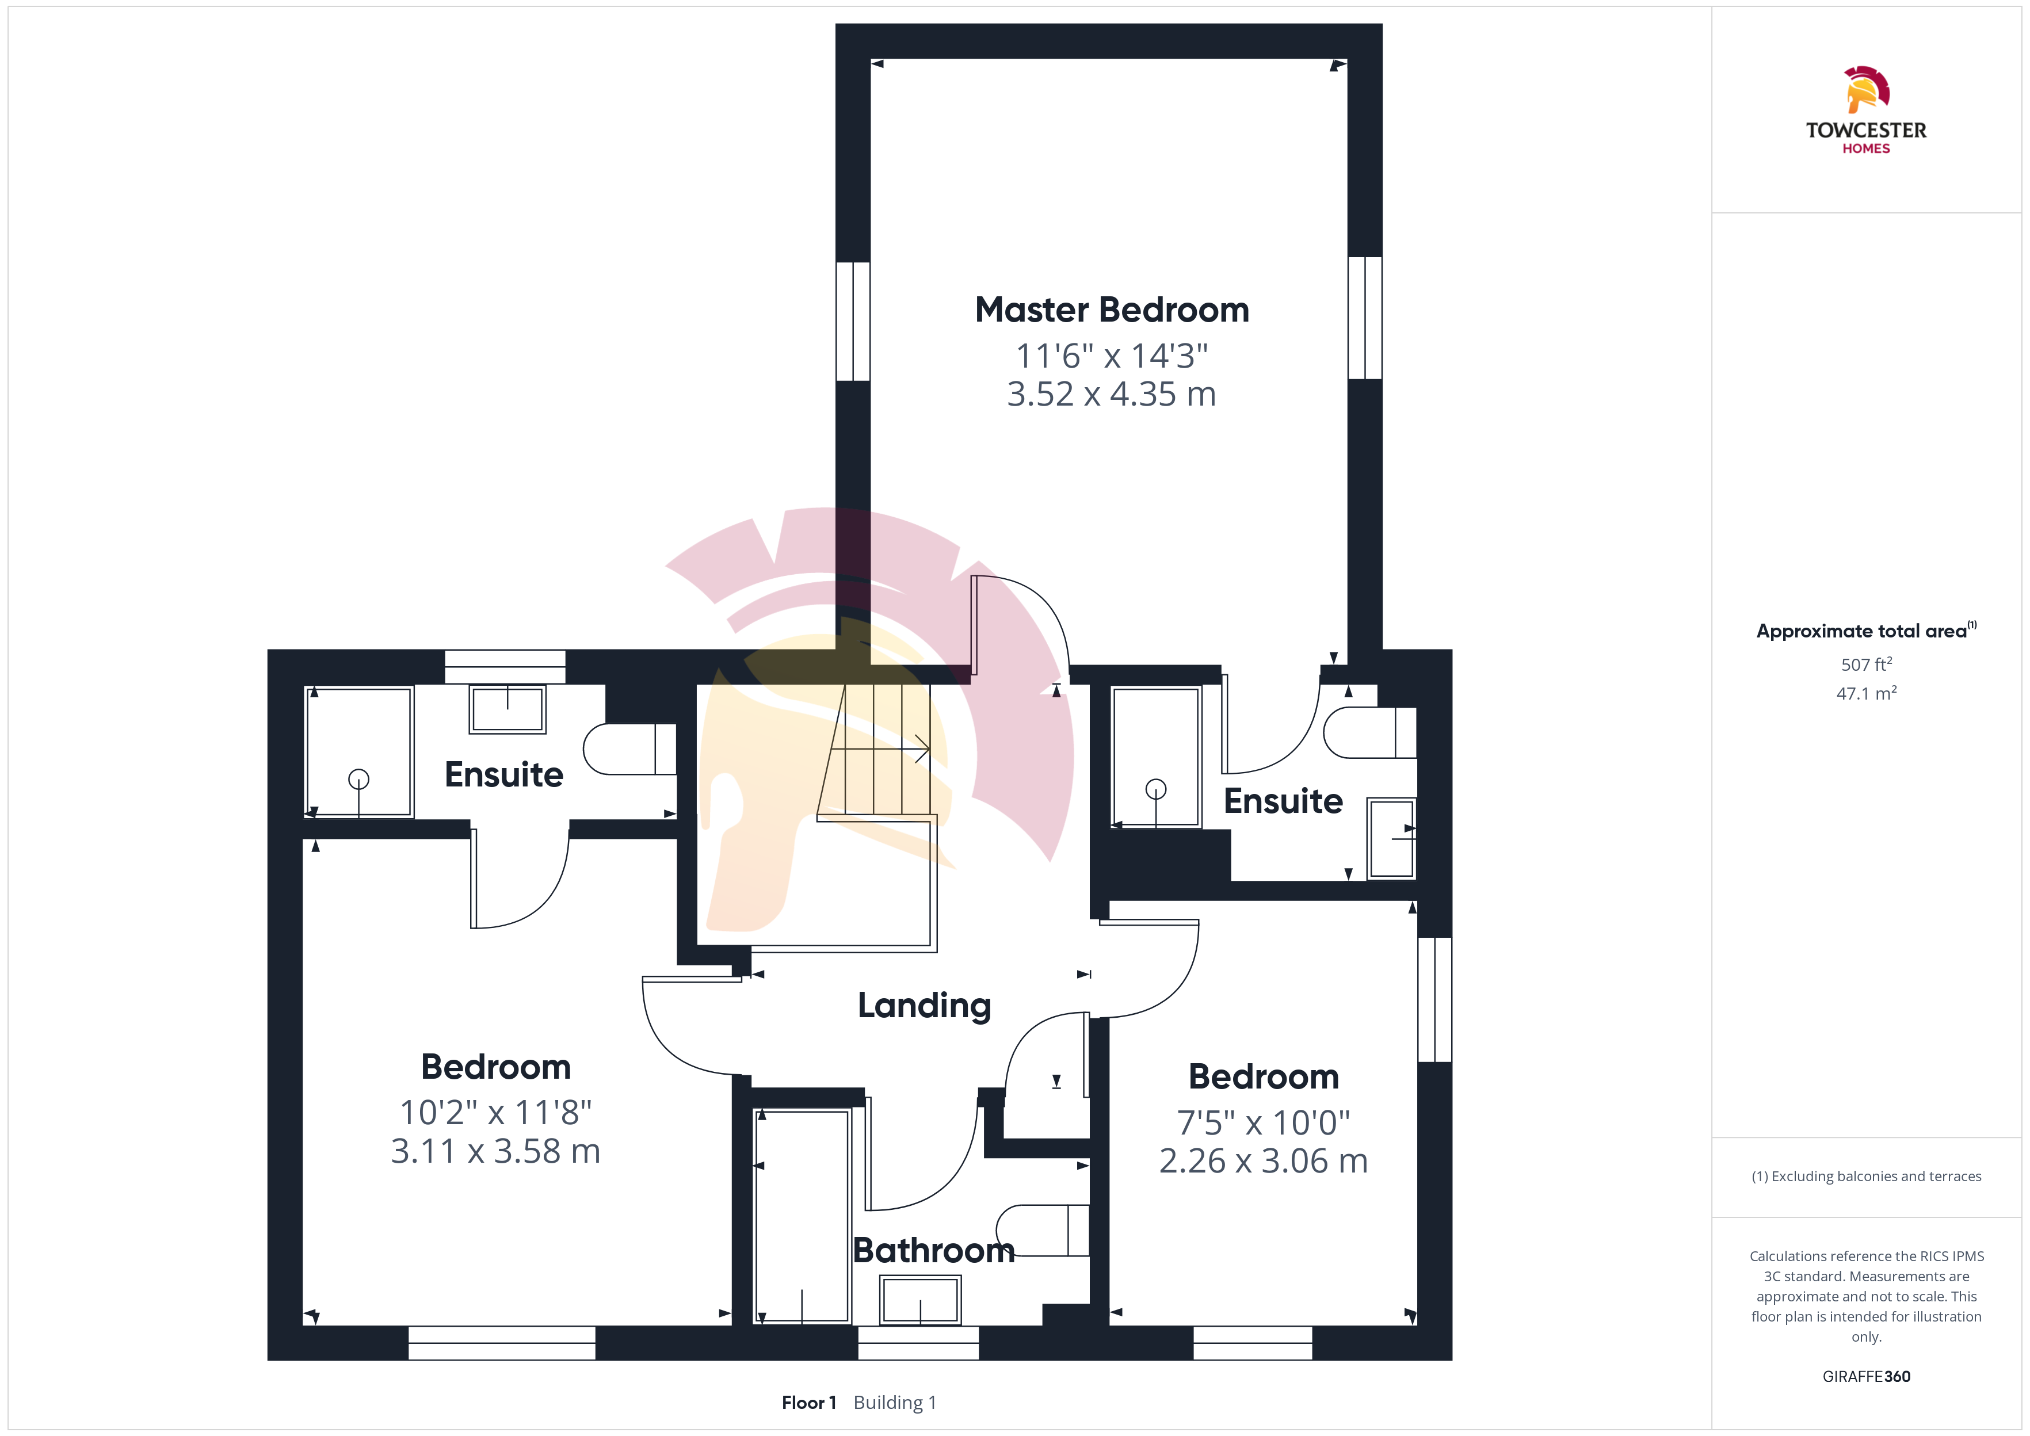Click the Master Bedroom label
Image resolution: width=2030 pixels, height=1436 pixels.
coord(1111,310)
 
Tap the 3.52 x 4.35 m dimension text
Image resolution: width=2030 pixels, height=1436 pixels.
coord(1111,394)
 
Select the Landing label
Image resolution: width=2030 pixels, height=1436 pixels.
coord(924,1006)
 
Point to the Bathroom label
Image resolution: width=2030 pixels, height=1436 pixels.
coord(934,1250)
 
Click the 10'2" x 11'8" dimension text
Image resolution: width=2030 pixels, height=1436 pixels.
coord(495,1112)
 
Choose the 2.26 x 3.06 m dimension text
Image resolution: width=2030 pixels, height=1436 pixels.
coord(1264,1160)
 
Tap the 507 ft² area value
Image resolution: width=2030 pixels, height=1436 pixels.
coord(1867,664)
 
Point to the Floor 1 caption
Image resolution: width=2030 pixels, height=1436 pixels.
coord(809,1403)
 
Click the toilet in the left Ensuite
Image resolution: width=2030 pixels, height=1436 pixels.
coord(629,750)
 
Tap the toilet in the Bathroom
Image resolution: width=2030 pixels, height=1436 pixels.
coord(1043,1230)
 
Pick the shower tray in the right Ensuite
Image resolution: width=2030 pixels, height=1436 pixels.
coord(1155,757)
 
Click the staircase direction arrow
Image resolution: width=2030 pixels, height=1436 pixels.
coord(880,750)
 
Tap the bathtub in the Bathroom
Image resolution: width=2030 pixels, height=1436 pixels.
coord(802,1217)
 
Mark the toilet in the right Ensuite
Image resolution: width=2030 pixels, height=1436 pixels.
coord(1371,732)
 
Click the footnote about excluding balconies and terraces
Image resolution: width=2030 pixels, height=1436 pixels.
coord(1867,1176)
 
